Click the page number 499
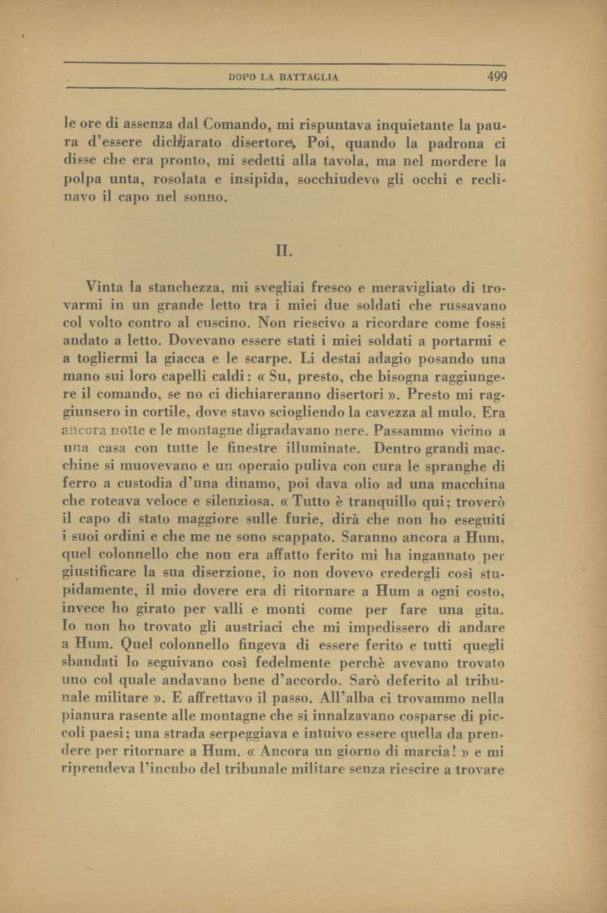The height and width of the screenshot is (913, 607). pyautogui.click(x=497, y=76)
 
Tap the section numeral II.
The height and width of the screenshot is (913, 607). pyautogui.click(x=284, y=251)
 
